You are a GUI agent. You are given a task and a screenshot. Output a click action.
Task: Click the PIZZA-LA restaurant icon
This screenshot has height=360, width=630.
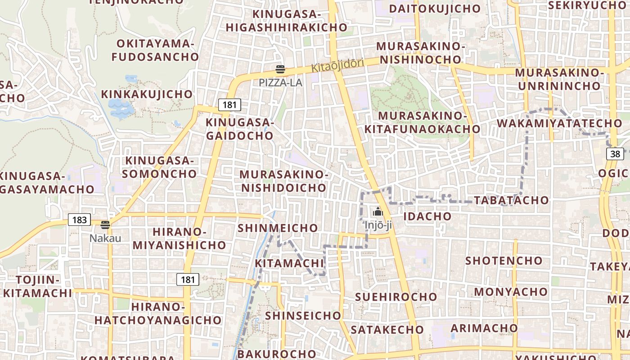[x=280, y=69]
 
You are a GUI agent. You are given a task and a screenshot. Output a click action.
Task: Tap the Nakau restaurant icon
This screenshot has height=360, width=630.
[x=105, y=225]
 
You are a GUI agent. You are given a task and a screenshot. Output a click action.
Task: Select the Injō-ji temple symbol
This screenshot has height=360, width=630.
[x=378, y=211]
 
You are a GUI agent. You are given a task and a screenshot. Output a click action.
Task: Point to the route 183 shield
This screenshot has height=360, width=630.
[x=79, y=220]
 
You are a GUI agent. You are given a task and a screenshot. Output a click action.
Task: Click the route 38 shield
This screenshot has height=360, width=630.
[x=615, y=154]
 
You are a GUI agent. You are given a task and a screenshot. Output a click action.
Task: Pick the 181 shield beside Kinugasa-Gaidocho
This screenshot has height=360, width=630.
[x=229, y=105]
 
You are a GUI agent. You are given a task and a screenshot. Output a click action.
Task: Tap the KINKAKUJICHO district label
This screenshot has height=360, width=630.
[x=147, y=94]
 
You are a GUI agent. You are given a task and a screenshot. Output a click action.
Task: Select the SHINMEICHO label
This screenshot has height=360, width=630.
[x=278, y=228]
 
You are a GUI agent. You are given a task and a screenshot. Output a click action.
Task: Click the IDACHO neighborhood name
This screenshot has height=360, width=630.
[x=427, y=216]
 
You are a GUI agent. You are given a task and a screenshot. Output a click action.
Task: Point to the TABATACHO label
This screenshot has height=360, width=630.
[x=512, y=201]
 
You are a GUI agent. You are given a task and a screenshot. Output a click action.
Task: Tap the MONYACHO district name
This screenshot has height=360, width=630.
[x=511, y=292]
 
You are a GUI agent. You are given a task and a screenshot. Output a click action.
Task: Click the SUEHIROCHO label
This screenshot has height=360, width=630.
[x=396, y=297]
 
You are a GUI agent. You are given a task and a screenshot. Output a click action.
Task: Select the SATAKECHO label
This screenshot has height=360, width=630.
[x=387, y=330]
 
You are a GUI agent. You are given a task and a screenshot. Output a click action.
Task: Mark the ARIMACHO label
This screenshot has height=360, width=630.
[x=484, y=328]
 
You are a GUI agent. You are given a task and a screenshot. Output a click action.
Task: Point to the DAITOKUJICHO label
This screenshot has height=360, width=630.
[x=435, y=9]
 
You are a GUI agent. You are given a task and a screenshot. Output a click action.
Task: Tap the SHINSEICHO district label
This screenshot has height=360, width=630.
[x=303, y=316]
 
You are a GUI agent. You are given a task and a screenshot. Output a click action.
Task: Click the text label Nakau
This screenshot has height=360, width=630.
[x=105, y=238]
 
